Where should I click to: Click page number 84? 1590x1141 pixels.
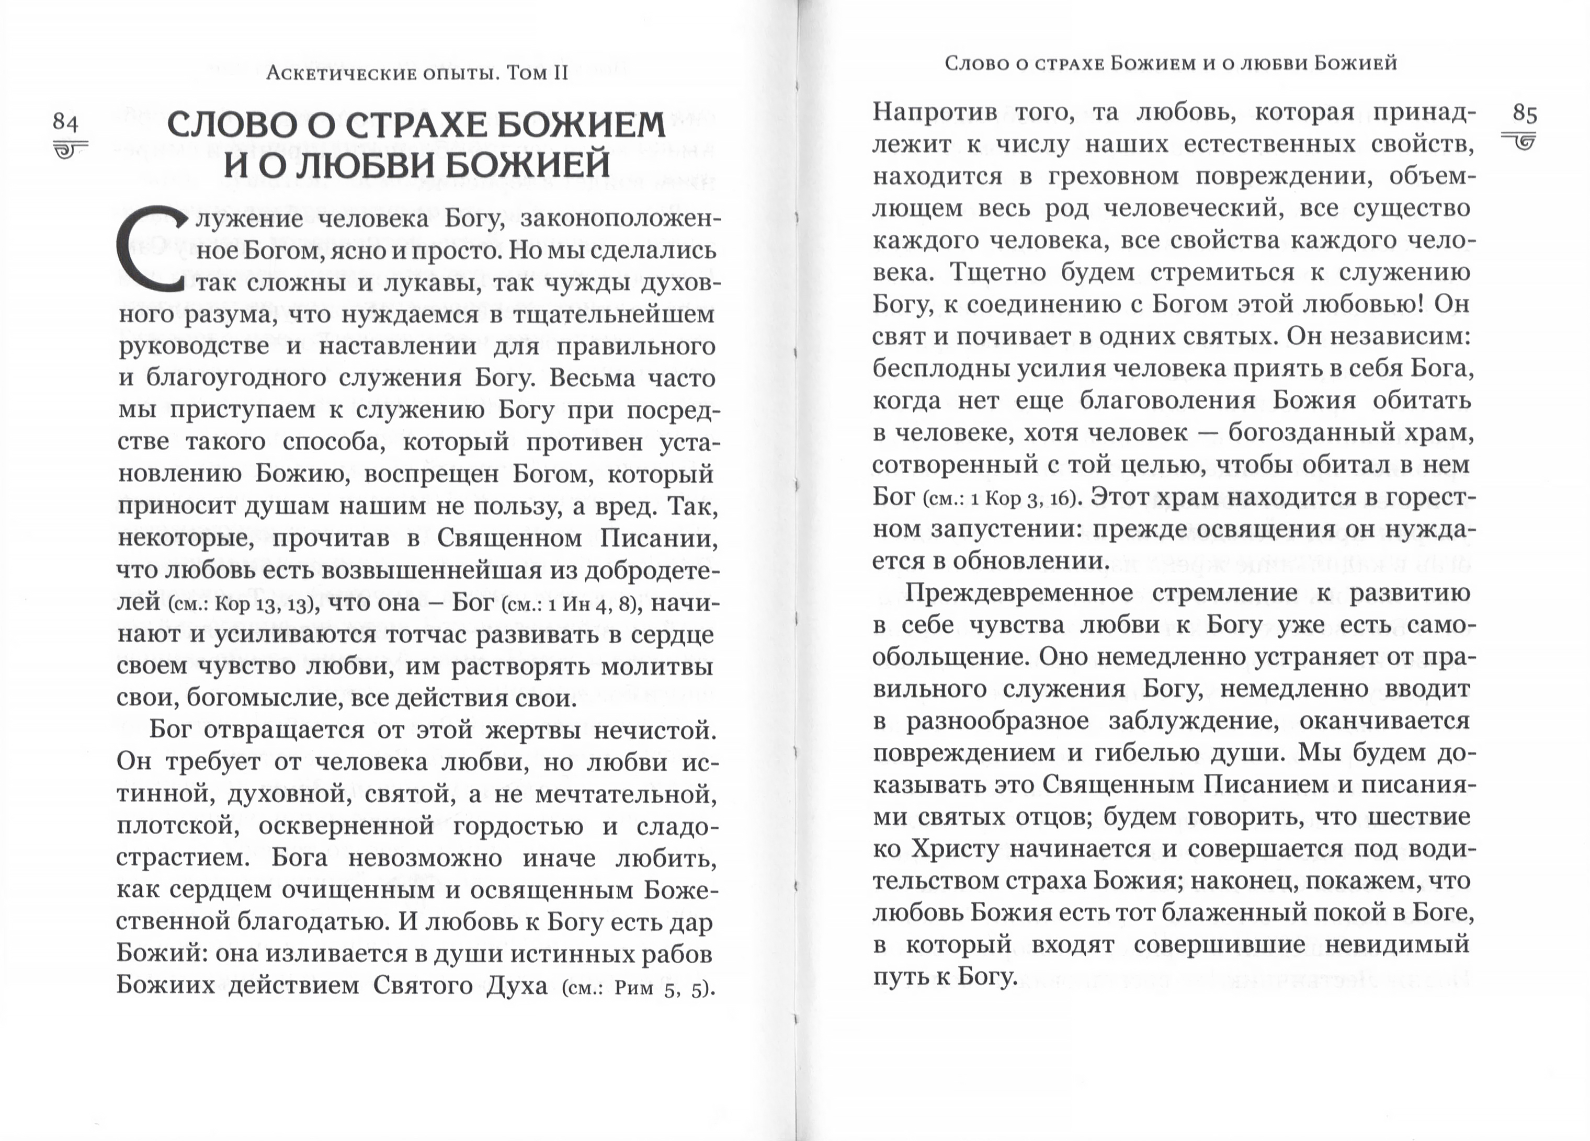click(x=65, y=123)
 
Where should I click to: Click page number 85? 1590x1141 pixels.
click(x=1525, y=114)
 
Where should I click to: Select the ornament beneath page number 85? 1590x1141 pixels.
click(x=1519, y=140)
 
